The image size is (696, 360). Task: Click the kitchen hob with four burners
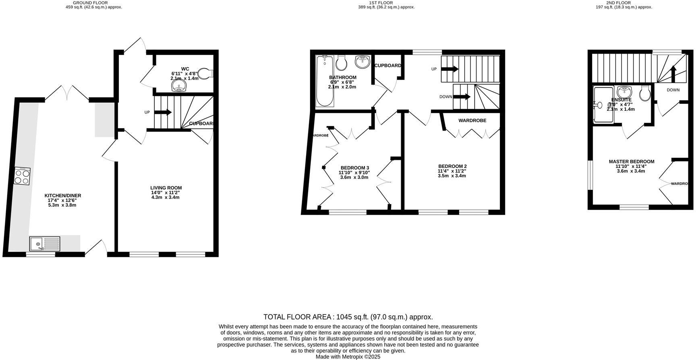[22, 176]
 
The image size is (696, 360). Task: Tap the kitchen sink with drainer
[45, 244]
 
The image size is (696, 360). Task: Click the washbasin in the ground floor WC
[178, 87]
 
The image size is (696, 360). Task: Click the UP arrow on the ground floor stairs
[163, 112]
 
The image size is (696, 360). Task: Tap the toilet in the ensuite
[645, 93]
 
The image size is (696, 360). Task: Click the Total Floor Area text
[348, 317]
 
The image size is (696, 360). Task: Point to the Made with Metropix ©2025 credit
[348, 357]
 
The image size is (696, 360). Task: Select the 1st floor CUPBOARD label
[387, 66]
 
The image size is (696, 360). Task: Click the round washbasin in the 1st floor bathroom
[363, 62]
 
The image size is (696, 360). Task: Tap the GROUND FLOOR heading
[90, 2]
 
